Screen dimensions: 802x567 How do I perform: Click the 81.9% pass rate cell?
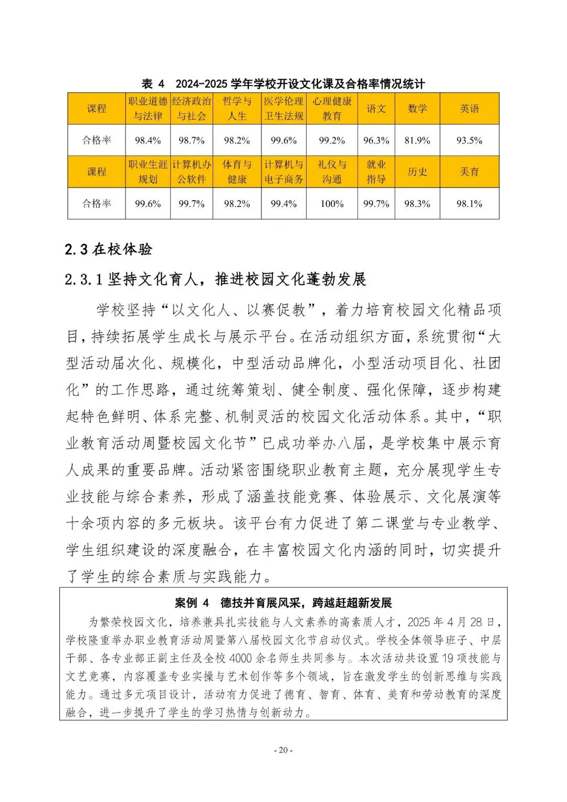tap(417, 140)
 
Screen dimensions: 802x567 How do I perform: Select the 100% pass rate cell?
tap(332, 204)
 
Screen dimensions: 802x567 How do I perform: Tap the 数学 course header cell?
tap(417, 109)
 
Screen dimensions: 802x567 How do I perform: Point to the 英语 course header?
tap(469, 109)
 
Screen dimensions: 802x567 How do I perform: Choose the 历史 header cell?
tap(417, 172)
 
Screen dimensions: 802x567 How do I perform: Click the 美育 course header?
tap(469, 172)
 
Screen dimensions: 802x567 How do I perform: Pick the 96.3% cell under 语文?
tap(376, 140)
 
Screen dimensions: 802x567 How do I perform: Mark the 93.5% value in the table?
tap(469, 140)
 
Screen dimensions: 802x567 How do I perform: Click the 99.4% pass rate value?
tap(283, 204)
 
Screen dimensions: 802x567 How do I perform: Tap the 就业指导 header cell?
tap(376, 172)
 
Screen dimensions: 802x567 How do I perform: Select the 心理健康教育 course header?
tap(332, 109)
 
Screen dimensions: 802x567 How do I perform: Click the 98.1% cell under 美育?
tap(469, 204)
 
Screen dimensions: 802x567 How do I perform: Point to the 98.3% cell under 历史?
tap(417, 204)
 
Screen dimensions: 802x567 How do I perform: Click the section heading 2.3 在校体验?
tap(109, 249)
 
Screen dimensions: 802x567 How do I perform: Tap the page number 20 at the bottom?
tap(283, 750)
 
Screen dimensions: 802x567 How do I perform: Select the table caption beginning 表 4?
tap(283, 84)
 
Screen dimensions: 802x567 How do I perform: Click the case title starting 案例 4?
tap(283, 602)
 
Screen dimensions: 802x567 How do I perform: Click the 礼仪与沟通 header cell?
tap(332, 172)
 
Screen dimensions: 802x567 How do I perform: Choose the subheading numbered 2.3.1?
tap(215, 279)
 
